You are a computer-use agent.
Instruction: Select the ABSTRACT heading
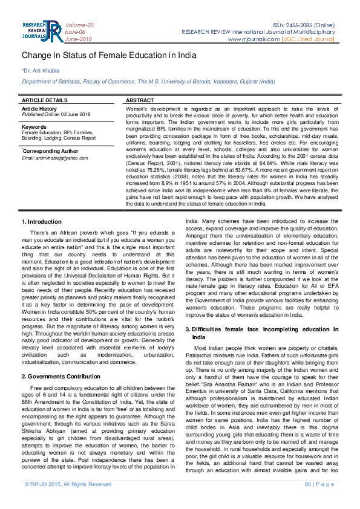tap(139, 100)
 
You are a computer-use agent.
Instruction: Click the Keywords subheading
tap(34, 127)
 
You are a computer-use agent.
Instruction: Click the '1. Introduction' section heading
tap(42, 222)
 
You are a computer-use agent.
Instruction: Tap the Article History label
tap(39, 108)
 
